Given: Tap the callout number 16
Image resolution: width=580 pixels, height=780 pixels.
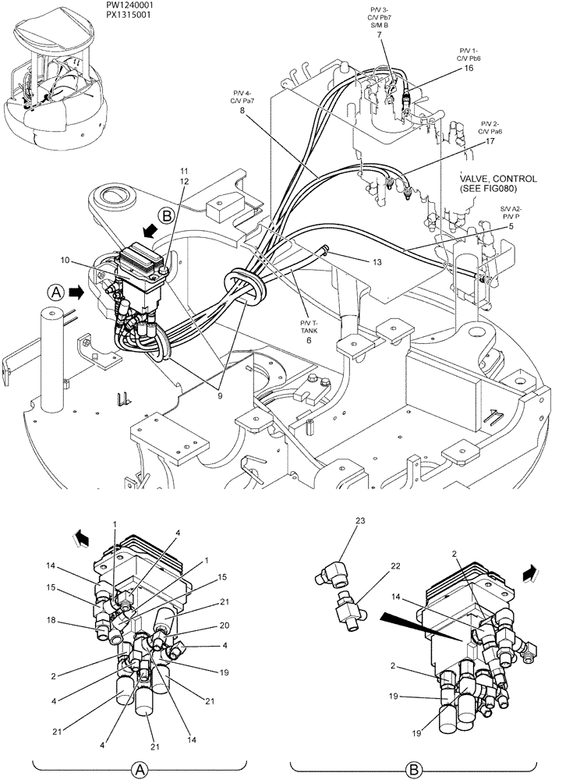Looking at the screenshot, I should click(469, 68).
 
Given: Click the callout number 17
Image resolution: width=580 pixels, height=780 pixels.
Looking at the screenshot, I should click(490, 142).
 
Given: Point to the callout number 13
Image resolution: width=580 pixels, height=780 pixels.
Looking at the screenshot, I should click(377, 263).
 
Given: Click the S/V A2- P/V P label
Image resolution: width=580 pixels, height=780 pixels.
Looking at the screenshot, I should click(512, 213).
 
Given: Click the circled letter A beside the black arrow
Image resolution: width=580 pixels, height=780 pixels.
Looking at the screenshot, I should click(55, 292).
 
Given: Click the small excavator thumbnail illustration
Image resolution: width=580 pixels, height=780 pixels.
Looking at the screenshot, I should click(55, 82).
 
